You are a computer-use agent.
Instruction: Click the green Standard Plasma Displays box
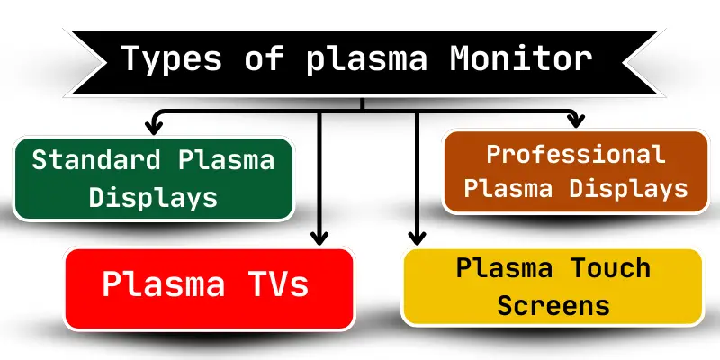pos(154,178)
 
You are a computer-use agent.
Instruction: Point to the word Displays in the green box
pos(154,196)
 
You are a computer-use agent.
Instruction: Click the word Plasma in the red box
pos(163,284)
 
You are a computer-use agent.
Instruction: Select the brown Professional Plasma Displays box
pos(576,171)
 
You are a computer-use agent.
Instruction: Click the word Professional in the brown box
pos(576,154)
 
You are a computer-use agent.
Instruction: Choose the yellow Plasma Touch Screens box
pos(553,286)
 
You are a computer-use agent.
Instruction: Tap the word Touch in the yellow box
pos(607,269)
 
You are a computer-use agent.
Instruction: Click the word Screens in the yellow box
pos(553,305)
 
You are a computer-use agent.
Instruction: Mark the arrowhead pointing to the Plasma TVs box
pos(318,238)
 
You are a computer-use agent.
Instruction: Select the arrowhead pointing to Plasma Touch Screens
pos(416,238)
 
